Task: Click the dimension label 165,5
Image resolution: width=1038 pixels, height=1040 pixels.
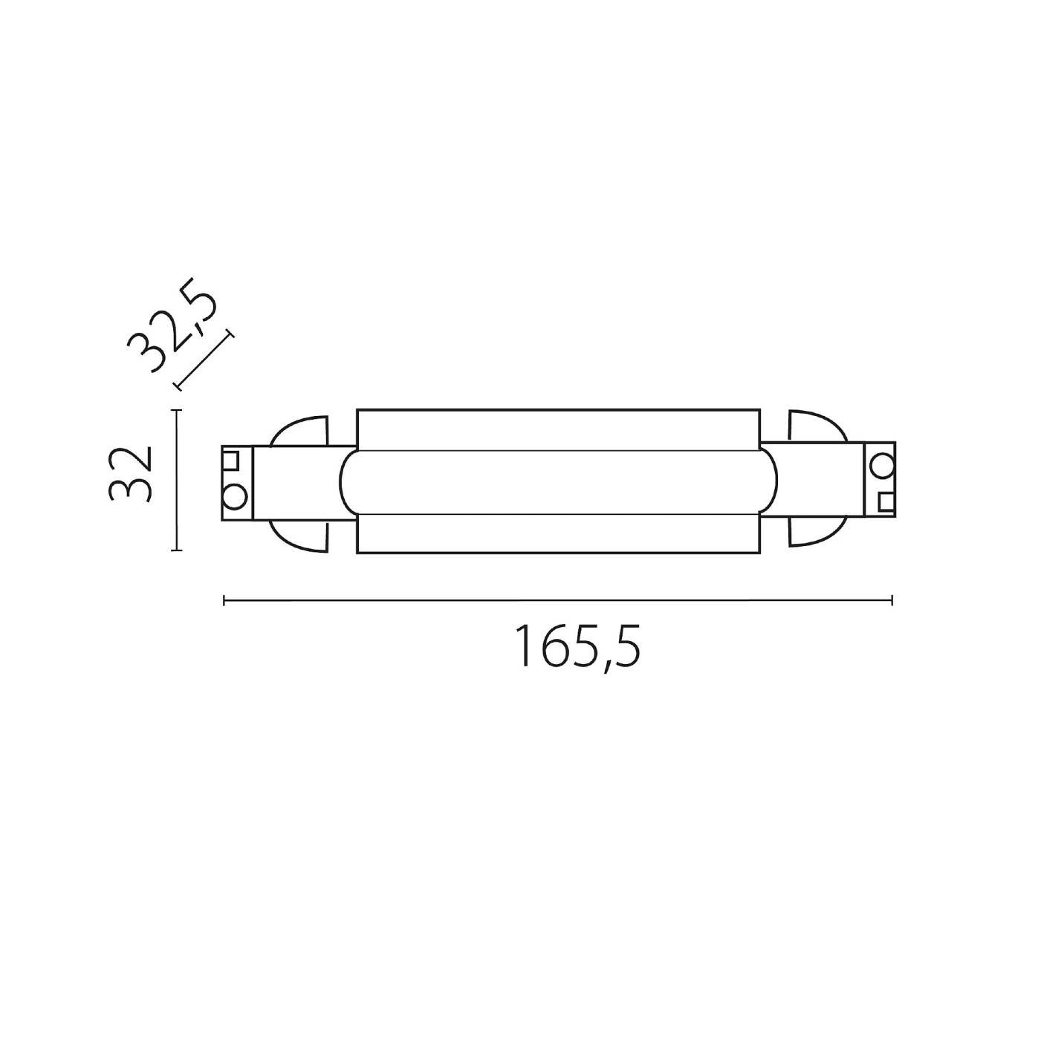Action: click(577, 647)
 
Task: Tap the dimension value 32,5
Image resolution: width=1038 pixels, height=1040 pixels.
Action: click(172, 324)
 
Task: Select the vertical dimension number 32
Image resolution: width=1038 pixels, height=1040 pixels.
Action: click(131, 474)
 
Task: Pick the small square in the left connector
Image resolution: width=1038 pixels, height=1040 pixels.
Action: click(232, 459)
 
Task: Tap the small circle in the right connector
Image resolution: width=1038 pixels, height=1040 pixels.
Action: click(883, 466)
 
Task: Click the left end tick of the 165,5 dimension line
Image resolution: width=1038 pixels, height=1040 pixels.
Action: click(224, 600)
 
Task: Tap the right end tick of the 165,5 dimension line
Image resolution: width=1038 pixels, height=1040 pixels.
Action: click(892, 600)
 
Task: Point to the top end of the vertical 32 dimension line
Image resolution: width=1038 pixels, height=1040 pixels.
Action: click(176, 410)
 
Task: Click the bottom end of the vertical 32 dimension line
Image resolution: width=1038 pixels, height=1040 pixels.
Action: click(176, 550)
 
